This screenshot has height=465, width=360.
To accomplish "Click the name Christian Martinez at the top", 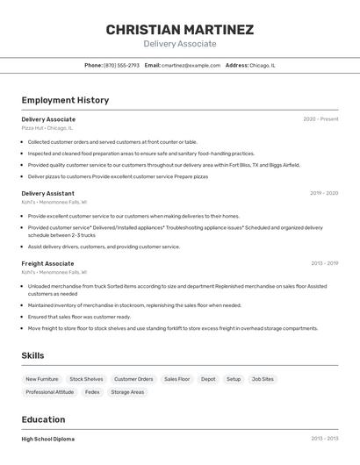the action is coord(180,29).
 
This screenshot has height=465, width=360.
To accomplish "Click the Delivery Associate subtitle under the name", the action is coord(180,44).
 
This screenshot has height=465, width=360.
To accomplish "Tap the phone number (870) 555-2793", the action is coord(121,66).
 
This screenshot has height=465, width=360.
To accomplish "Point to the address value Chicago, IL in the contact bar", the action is coord(262,66).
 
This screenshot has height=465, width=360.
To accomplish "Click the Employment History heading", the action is coord(65,100).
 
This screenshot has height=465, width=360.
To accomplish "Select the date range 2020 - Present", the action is coord(320,119).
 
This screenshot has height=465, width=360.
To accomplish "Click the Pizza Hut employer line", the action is coord(47,128).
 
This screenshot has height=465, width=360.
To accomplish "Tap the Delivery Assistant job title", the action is coord(47,193).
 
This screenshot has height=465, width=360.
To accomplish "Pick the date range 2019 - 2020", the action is coord(324,193).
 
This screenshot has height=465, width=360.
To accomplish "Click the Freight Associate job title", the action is coord(47,263).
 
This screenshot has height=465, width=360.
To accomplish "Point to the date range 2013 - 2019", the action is coord(324,263).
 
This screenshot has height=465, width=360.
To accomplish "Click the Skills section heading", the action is coord(33,355).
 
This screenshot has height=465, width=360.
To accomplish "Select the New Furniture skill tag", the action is coord(42,379).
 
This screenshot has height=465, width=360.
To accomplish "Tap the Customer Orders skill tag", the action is coord(133,379).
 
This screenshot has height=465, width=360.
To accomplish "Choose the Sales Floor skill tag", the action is coord(176,379).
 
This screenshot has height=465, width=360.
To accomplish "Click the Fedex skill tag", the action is coord(92,392).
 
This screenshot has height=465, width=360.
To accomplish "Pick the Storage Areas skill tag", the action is coord(127,392).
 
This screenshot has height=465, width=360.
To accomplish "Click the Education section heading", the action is coord(45,419).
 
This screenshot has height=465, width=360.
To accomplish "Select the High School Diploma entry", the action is coord(48,439).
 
